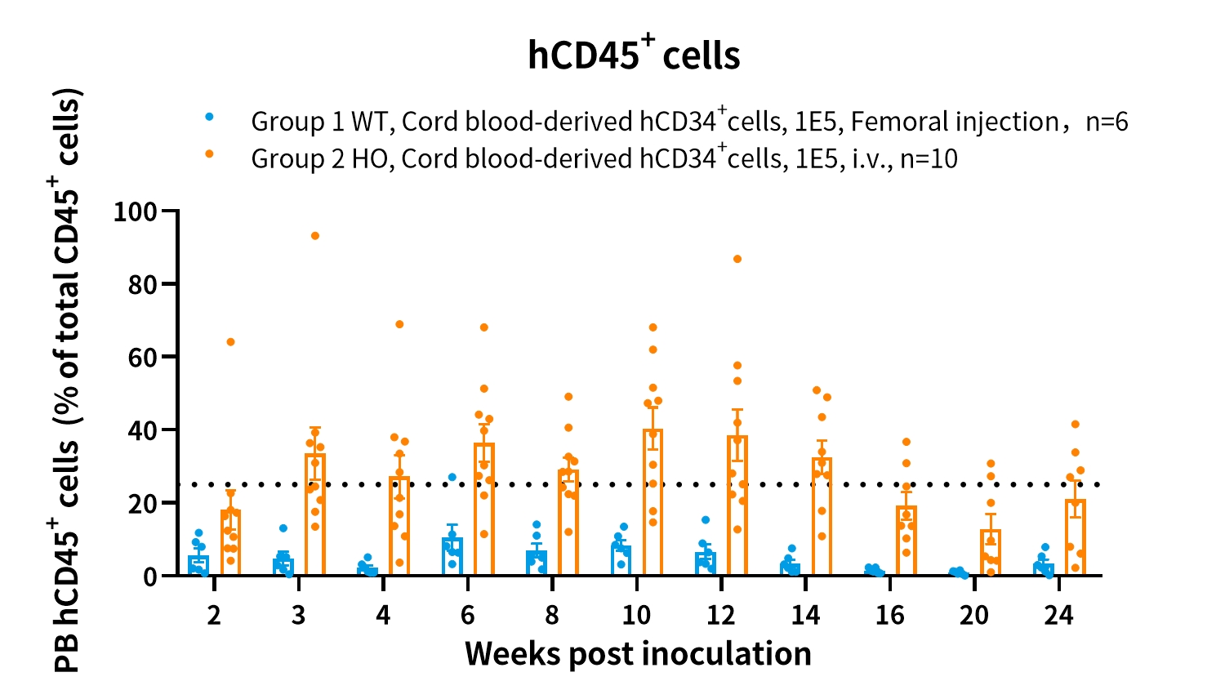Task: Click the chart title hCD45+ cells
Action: point(634,55)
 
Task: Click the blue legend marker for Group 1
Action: point(209,117)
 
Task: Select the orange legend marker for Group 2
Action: point(209,154)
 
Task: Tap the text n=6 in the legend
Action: point(1107,122)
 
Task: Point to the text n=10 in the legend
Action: point(929,158)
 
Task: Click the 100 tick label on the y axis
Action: point(135,211)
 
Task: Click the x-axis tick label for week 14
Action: point(805,615)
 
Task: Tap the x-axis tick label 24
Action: point(1058,615)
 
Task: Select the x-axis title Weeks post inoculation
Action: point(638,654)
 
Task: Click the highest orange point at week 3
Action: point(315,236)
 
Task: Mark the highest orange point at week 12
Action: point(737,259)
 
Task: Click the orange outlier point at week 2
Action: point(230,341)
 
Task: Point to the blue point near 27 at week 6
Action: point(452,477)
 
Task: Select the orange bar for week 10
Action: point(653,506)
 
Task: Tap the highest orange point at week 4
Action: point(399,324)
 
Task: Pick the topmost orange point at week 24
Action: point(1076,424)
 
